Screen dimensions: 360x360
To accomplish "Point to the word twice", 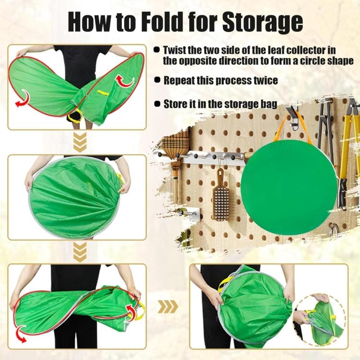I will (263, 81).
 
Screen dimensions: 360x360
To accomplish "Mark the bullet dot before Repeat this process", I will (157, 80).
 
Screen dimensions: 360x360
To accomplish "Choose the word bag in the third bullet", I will (267, 104).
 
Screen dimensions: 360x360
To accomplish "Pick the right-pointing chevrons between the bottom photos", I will (167, 307).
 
